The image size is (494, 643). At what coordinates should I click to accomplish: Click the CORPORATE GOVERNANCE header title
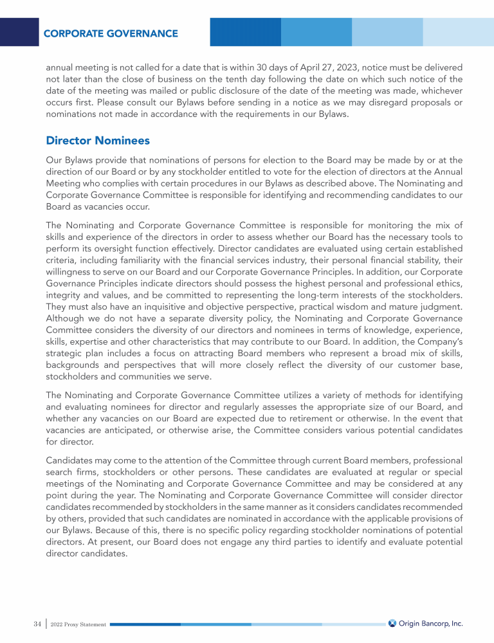111,33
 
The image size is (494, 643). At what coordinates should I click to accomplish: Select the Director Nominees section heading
98,140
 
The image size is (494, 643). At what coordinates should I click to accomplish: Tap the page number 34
37,624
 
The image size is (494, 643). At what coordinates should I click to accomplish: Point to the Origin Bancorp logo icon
392,623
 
